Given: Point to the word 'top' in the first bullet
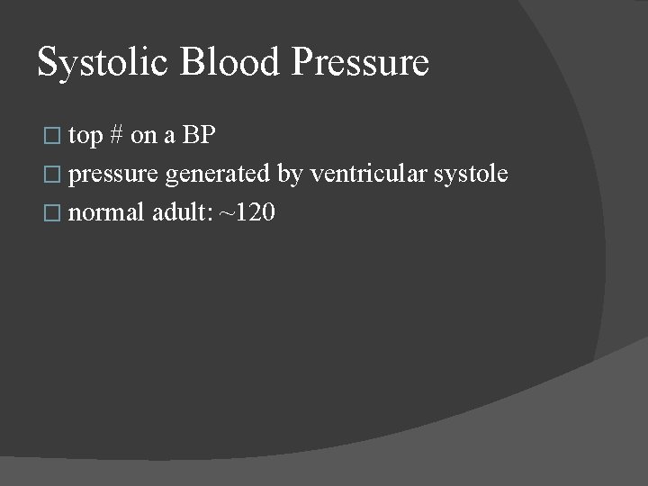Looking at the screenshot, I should point(85,137).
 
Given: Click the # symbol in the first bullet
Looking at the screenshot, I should point(115,135).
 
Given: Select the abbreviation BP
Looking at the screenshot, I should point(199,135).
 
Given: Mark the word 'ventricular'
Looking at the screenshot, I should point(368,174).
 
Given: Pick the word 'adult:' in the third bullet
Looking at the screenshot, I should point(176,213).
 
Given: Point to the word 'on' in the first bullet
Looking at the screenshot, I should point(143,137).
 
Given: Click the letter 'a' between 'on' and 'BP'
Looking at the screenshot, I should point(169,137).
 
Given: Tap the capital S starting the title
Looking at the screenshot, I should point(46,62).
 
